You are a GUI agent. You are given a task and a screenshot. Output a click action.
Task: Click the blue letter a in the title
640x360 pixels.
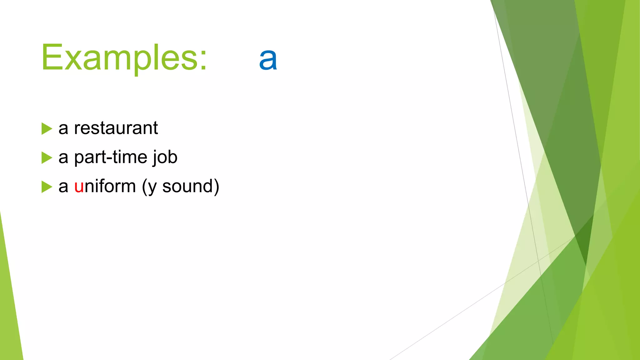[x=268, y=59]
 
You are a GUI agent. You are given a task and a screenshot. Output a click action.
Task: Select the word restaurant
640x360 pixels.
[x=116, y=128]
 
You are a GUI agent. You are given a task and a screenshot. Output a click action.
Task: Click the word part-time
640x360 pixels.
[x=110, y=157]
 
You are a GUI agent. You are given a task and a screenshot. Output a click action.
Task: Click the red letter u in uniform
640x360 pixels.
[x=79, y=187]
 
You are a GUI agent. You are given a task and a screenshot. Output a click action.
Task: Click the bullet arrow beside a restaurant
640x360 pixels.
[x=46, y=129]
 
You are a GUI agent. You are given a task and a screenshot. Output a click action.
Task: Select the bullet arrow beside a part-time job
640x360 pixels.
[x=46, y=158]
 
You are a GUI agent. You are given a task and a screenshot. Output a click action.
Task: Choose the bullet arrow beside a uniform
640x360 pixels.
[x=46, y=187]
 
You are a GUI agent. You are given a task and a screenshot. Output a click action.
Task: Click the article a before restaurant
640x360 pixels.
[x=63, y=129]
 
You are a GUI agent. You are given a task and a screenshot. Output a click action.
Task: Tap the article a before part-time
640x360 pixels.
[x=63, y=158]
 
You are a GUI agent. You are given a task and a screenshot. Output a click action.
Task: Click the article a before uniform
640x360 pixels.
[x=63, y=187]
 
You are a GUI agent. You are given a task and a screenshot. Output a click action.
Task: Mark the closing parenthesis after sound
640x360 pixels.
[x=216, y=187]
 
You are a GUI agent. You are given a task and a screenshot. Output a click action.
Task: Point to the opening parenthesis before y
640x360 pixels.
[x=144, y=187]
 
